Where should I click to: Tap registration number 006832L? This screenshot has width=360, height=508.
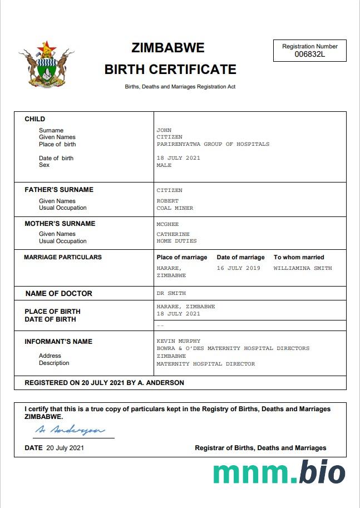[310, 54]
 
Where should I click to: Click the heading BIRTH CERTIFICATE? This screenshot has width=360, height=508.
[170, 70]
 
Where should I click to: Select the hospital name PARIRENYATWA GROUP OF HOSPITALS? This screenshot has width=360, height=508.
[213, 144]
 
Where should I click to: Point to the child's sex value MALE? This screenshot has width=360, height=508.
[164, 165]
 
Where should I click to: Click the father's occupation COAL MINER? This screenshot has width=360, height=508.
[175, 208]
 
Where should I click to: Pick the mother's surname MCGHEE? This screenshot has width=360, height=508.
[167, 224]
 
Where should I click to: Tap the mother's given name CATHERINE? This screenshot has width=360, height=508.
[173, 234]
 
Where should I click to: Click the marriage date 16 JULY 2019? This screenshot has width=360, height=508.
[238, 268]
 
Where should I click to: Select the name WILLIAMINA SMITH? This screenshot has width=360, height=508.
[303, 268]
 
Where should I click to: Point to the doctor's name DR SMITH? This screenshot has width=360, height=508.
[171, 293]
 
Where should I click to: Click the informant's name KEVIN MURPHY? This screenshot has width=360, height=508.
[178, 341]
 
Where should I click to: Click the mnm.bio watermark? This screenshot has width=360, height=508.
[279, 472]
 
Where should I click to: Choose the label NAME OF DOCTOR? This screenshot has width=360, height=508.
[59, 293]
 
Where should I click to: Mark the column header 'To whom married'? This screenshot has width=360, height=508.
[299, 257]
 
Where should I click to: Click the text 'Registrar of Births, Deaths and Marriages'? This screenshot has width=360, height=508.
[260, 448]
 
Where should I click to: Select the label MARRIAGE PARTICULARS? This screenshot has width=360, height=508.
[63, 257]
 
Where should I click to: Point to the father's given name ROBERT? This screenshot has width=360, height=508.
[167, 201]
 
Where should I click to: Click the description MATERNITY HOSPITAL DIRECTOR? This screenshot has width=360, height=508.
[205, 364]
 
